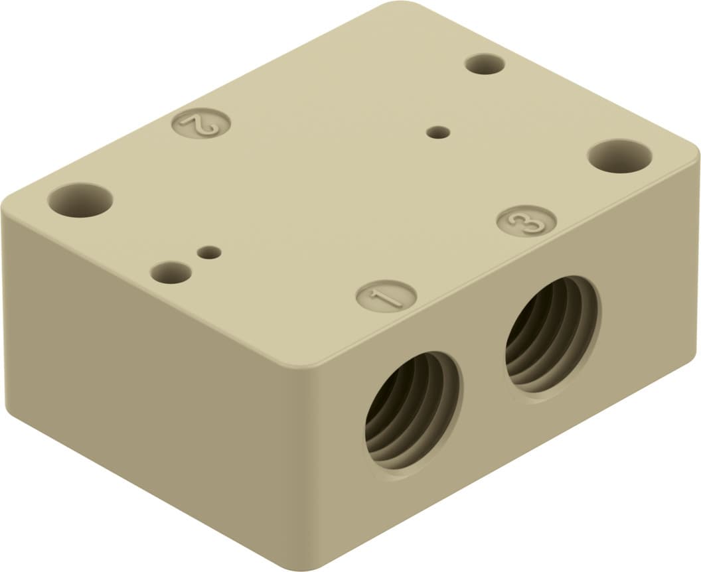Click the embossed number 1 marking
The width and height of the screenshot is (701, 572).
pyautogui.click(x=386, y=295)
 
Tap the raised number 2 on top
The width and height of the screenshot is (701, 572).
pyautogui.click(x=201, y=124)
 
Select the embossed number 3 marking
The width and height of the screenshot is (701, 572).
pyautogui.click(x=526, y=220)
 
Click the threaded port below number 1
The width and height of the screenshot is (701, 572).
pyautogui.click(x=413, y=411)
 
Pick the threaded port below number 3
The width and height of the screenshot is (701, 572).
pyautogui.click(x=551, y=334)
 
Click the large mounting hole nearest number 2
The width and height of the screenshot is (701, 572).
pyautogui.click(x=80, y=200)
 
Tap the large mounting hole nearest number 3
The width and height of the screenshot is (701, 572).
pyautogui.click(x=619, y=156)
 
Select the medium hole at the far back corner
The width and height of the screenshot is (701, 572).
pyautogui.click(x=485, y=64)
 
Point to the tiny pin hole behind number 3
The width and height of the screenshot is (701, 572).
pyautogui.click(x=437, y=133)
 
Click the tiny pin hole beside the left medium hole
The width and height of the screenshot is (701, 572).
pyautogui.click(x=210, y=252)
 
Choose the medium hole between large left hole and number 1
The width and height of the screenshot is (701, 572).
pyautogui.click(x=171, y=272)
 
